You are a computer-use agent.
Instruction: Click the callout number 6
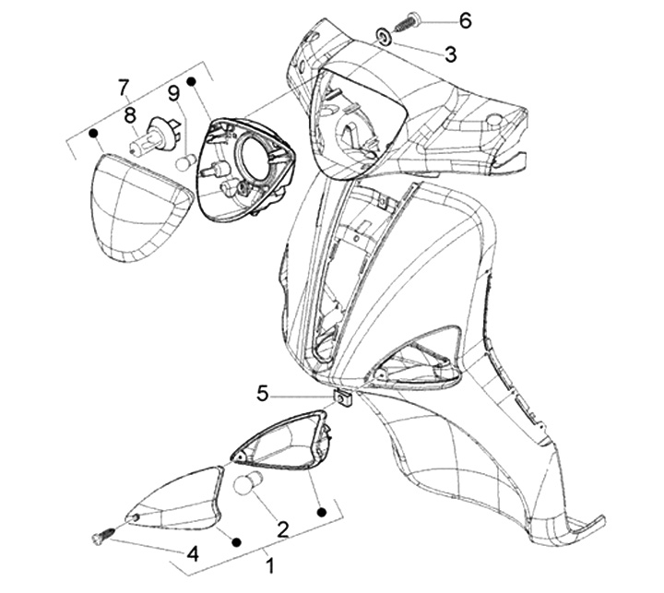465,20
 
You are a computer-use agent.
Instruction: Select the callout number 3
451,53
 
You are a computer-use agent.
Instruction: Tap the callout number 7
123,89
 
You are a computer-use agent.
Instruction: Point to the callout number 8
130,115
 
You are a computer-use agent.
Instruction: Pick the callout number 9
173,93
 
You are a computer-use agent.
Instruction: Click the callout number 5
263,394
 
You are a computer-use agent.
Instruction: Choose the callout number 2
283,529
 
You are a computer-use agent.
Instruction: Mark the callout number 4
193,553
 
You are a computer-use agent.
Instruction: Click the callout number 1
269,565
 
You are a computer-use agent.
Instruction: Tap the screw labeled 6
407,22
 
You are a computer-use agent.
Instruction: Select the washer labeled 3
385,37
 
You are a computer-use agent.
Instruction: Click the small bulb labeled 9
185,163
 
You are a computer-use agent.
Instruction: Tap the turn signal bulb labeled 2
249,482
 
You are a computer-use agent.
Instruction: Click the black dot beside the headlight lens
93,134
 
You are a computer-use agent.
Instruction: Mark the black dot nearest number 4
236,541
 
